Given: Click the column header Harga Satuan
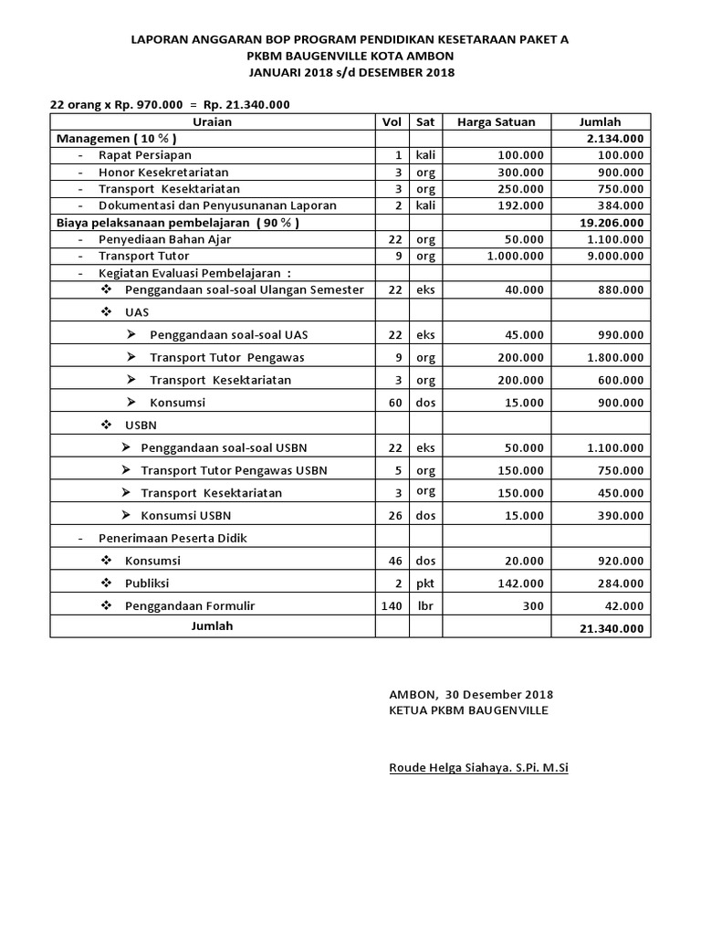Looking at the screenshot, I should point(496,121).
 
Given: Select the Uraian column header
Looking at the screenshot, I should point(213,121).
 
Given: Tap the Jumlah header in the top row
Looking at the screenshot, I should point(600,121).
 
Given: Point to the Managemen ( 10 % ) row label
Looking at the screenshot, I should point(116,138).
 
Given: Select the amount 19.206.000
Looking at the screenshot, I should point(610,222).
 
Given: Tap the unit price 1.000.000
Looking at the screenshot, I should point(515,256).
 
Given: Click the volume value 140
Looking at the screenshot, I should point(392,605).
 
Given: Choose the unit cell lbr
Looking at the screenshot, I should point(424,605).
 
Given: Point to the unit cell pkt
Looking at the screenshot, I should point(425,583).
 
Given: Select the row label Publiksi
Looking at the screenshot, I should point(147,583).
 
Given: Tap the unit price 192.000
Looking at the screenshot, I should point(522,205).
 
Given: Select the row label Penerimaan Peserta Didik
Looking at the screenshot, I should point(173,538).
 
